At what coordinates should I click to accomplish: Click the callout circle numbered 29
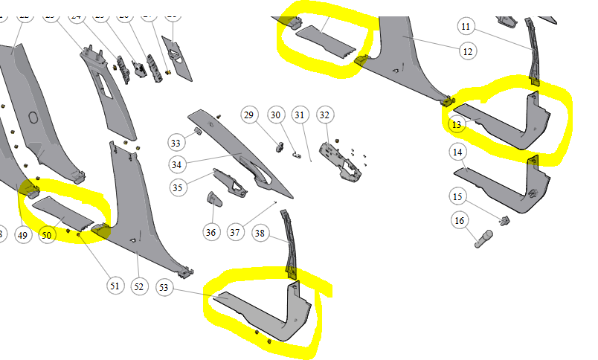pos(248,115)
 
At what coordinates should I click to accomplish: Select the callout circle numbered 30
pos(275,115)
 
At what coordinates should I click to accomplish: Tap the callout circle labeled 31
pos(300,115)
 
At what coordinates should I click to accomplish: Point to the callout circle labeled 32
pos(324,115)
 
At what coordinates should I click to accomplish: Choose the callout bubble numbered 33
pos(176,143)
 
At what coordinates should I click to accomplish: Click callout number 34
pos(177,164)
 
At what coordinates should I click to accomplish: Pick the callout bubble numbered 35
pos(177,187)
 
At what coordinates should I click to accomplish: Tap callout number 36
pos(210,232)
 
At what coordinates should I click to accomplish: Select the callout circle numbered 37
pos(236,232)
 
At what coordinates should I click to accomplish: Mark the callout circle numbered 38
pos(260,232)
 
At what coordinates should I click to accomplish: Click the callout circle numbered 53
pos(164,287)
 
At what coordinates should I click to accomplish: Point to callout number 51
pos(115,285)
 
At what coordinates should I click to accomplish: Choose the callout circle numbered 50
pos(47,235)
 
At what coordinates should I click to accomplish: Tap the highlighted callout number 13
pos(457,125)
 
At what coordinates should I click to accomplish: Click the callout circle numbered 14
pos(457,152)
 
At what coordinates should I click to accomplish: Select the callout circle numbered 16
pos(459,220)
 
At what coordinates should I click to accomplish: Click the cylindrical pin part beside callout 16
pos(484,240)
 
